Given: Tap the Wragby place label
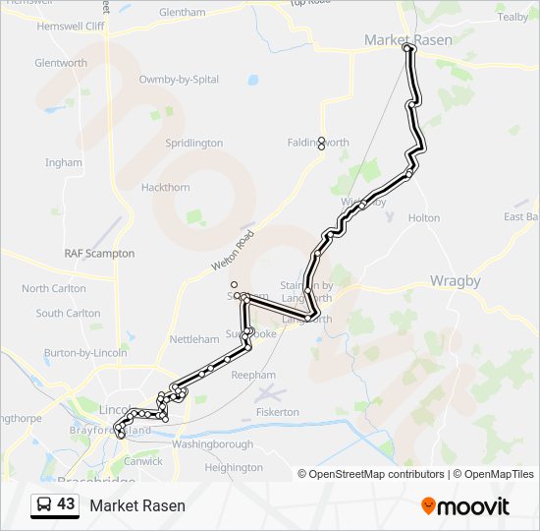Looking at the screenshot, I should (x=456, y=281).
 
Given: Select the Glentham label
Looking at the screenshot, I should (x=182, y=13).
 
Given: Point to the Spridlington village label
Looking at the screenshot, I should (x=194, y=144).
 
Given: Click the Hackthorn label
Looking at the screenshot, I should (x=165, y=187).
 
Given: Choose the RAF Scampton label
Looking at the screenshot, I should (x=99, y=254).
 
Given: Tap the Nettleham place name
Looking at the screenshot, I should (x=194, y=339).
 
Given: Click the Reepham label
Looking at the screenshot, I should (x=253, y=375).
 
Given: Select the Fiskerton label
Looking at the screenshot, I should (x=276, y=412).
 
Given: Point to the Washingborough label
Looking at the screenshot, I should (x=213, y=444).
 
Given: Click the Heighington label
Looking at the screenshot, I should (x=234, y=468).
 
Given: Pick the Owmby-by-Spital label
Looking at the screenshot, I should (x=178, y=79).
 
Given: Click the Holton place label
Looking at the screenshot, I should (x=424, y=217).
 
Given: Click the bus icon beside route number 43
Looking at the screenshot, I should (x=44, y=505).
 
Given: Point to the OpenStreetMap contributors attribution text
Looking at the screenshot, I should (x=371, y=474).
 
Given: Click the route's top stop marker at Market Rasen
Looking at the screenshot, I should (x=408, y=47).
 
